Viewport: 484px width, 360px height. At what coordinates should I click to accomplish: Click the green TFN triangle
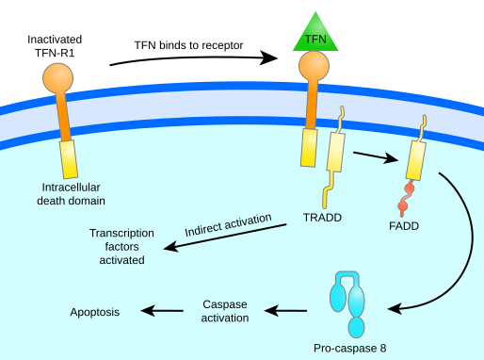click(x=315, y=35)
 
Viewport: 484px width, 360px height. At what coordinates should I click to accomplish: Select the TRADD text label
click(x=322, y=218)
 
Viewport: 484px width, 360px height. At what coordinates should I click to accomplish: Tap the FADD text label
click(x=404, y=226)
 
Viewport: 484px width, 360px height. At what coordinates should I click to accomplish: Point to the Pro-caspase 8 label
click(x=350, y=348)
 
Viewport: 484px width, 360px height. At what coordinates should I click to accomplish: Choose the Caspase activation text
click(x=226, y=311)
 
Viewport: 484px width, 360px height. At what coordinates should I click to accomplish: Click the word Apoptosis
click(x=95, y=311)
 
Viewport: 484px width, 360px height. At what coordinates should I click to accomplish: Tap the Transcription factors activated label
click(x=117, y=246)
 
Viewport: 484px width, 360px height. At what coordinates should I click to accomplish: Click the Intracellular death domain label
click(x=71, y=193)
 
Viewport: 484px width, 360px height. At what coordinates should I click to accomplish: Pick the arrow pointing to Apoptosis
click(x=162, y=311)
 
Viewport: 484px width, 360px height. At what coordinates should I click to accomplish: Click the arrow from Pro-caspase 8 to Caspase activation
click(x=286, y=310)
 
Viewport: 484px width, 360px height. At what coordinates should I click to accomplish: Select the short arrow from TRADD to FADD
click(x=375, y=155)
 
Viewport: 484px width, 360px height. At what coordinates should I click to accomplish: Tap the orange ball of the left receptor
click(x=57, y=77)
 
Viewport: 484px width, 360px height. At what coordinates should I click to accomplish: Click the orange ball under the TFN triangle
click(x=315, y=66)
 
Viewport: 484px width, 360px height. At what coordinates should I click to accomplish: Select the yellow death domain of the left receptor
click(x=69, y=159)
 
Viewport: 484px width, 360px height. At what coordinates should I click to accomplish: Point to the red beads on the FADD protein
click(x=406, y=197)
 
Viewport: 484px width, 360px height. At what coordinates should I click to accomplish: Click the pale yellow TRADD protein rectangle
click(x=334, y=151)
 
